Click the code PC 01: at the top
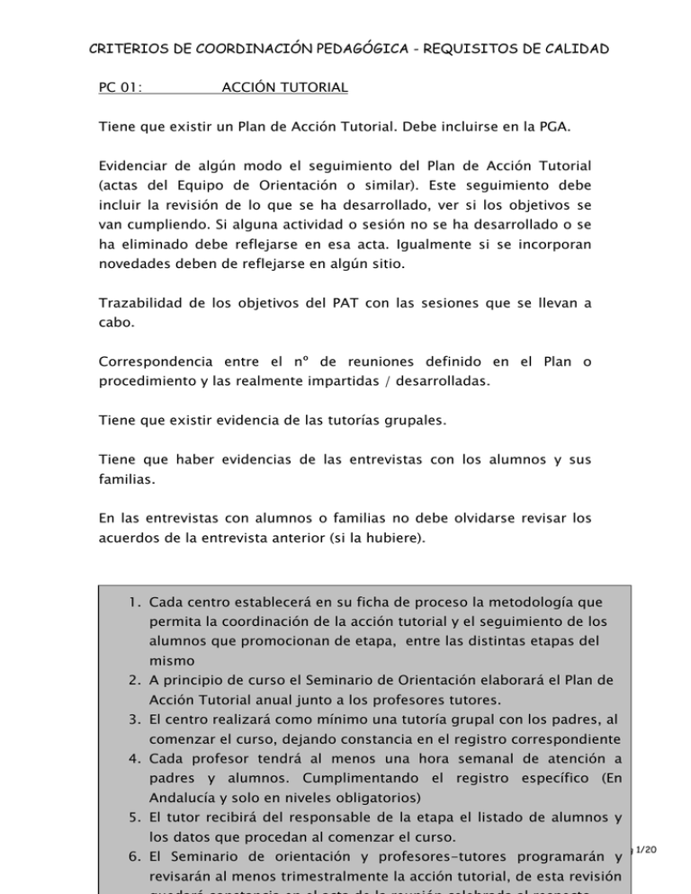[x=123, y=89]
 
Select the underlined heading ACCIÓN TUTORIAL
[x=284, y=89]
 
